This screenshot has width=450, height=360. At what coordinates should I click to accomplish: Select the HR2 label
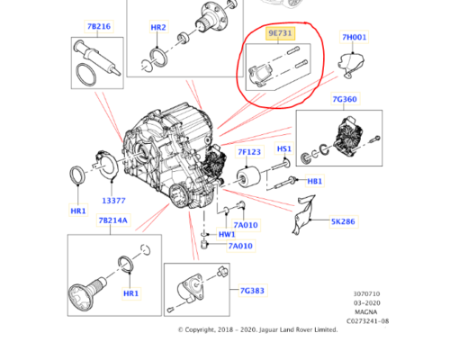pyautogui.click(x=157, y=28)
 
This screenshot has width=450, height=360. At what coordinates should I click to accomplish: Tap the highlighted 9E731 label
pyautogui.click(x=280, y=33)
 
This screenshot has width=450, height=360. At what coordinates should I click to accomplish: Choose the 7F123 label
pyautogui.click(x=250, y=152)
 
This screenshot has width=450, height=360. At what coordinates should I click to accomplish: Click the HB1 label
pyautogui.click(x=314, y=181)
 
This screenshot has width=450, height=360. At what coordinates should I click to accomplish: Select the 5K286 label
pyautogui.click(x=343, y=220)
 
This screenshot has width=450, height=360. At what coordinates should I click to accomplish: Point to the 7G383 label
pyautogui.click(x=253, y=291)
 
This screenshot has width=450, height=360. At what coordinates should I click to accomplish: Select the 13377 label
pyautogui.click(x=113, y=200)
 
